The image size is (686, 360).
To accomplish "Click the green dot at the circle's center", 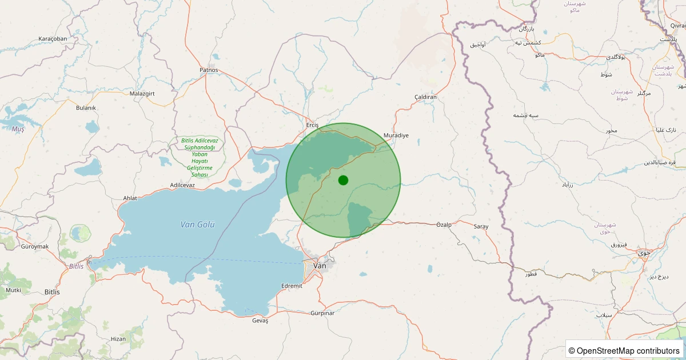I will (x=343, y=180).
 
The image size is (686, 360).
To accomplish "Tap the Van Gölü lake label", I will (x=197, y=225).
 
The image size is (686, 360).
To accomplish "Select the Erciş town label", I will (x=312, y=125).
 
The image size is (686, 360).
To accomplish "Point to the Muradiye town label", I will (x=396, y=135).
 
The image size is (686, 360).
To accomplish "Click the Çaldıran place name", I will (x=425, y=97).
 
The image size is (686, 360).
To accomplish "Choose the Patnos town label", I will (x=209, y=70).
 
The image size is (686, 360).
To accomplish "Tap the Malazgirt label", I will (x=142, y=93).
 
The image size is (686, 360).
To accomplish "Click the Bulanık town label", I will (x=86, y=107).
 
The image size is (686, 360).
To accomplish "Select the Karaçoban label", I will (x=53, y=39).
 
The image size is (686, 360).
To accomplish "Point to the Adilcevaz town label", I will (x=182, y=185).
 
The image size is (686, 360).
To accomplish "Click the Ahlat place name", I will (x=130, y=198).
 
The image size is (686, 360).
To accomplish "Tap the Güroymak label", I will (x=35, y=246).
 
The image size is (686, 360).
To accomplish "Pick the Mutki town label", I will (x=13, y=290).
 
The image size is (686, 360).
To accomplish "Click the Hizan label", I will (x=118, y=339).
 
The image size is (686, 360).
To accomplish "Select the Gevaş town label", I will (x=260, y=321).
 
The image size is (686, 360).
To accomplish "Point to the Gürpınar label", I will (x=322, y=313).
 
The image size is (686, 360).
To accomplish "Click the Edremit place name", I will (x=292, y=286).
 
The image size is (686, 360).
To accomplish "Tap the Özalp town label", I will (x=444, y=225).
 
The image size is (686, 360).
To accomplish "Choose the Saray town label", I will (x=481, y=227).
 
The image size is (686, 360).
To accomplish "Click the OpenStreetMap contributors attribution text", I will (x=624, y=350).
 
